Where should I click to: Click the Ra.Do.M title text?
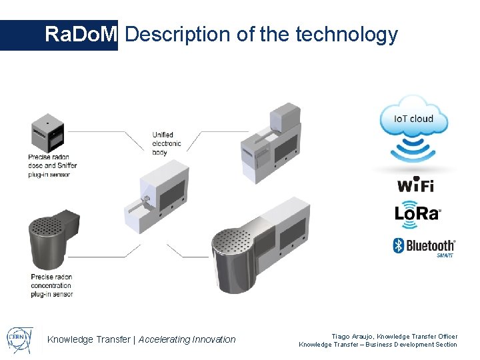(x=81, y=35)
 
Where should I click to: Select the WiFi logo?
(x=416, y=185)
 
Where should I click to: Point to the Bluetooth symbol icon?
(x=399, y=245)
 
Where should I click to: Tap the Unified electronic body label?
(x=167, y=143)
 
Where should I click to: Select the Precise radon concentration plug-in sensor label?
(x=51, y=285)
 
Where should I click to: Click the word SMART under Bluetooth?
(x=445, y=255)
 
